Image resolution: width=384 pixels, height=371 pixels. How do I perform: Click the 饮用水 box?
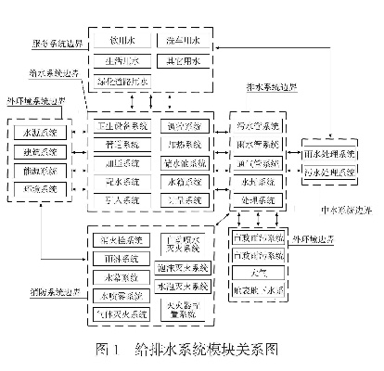point(122,42)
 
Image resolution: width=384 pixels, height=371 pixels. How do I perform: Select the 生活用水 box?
point(122,61)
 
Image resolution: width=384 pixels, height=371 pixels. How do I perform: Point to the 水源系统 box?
point(40,131)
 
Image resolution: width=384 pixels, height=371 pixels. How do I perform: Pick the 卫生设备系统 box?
point(122,126)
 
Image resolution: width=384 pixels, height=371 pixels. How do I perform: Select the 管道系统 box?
point(122,145)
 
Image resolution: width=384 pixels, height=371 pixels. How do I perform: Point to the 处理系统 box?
point(257,198)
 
